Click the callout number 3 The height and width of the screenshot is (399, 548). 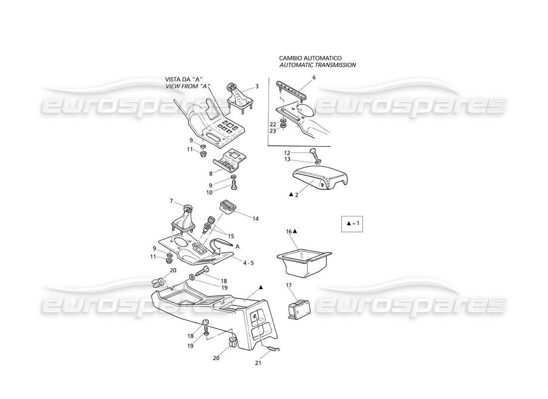tap(257, 86)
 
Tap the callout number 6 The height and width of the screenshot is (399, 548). tap(314, 77)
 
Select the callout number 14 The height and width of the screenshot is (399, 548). tap(256, 218)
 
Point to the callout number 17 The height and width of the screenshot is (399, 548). tap(288, 285)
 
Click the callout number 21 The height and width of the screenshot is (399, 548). tap(258, 363)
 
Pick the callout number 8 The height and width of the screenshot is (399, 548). tap(211, 174)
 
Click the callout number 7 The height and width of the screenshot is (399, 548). tap(172, 201)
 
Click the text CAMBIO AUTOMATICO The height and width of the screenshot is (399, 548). tap(310, 58)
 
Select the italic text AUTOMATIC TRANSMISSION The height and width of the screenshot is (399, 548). tap(317, 65)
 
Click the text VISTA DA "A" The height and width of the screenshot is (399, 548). tap(187, 79)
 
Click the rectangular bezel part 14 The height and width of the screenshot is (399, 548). tap(229, 207)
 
